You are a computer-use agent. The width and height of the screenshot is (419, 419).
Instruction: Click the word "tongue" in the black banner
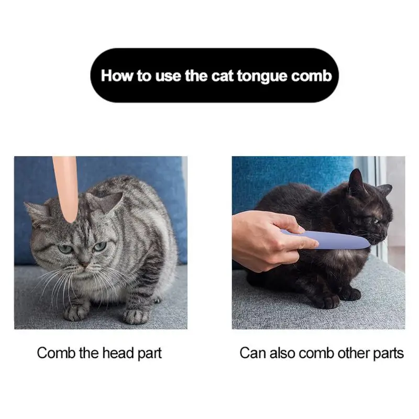262,76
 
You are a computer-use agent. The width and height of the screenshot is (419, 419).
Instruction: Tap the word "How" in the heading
117,75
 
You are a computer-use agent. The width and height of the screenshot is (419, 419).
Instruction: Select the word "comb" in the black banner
312,76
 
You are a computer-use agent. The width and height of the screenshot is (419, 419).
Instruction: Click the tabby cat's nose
84,264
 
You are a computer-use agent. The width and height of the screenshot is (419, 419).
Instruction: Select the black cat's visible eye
376,221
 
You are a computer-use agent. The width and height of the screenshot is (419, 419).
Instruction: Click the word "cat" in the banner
222,76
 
